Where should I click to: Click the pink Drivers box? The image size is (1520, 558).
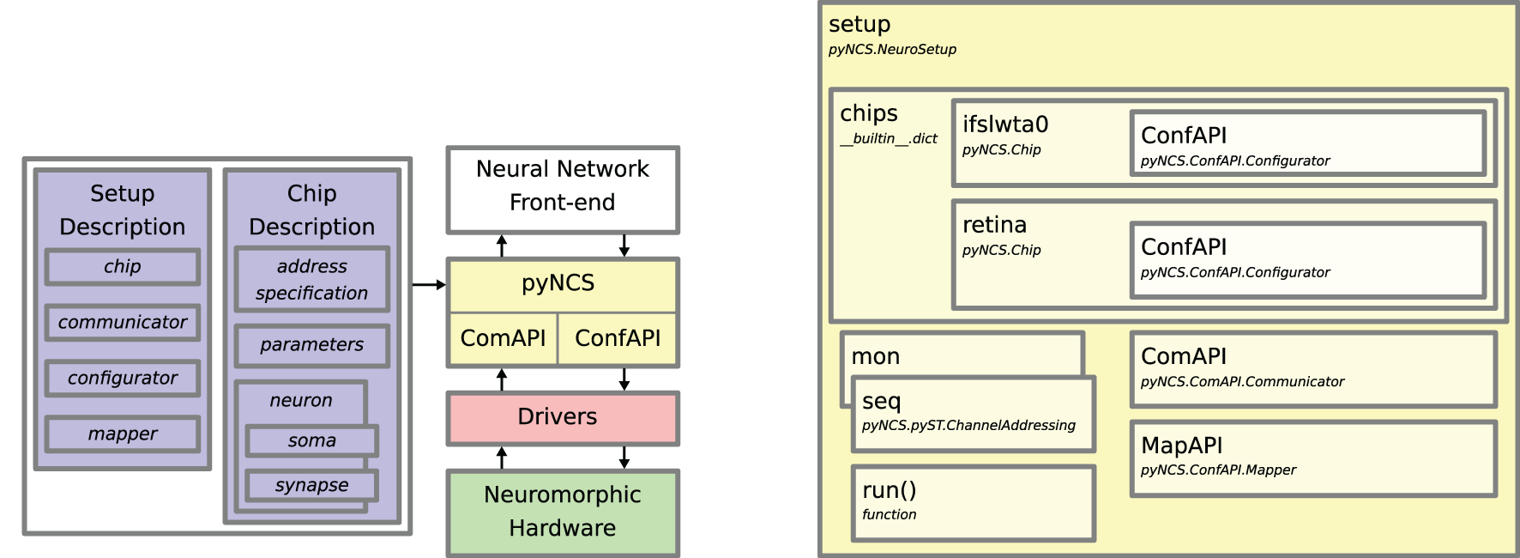click(x=562, y=418)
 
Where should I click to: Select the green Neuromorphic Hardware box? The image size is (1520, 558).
click(x=562, y=512)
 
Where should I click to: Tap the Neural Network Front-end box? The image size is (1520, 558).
click(x=562, y=189)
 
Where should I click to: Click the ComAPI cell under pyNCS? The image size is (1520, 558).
click(x=503, y=339)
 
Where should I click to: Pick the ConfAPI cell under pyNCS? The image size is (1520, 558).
click(x=618, y=339)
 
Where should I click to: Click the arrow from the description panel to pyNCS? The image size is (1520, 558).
click(x=428, y=285)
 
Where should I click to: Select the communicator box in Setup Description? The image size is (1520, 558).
click(x=123, y=323)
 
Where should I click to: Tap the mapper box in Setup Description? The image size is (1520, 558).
click(x=123, y=434)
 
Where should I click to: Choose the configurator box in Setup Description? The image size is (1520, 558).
click(x=123, y=379)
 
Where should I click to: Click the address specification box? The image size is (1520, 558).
click(x=311, y=280)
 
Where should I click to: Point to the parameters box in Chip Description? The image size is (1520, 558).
click(x=311, y=345)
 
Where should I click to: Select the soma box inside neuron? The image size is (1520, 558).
click(x=311, y=441)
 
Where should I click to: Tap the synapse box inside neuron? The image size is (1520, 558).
click(x=311, y=486)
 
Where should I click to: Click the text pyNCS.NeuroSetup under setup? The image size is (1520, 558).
click(x=892, y=50)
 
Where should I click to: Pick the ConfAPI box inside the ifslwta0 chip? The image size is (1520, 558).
click(x=1307, y=144)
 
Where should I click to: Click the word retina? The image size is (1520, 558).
click(x=994, y=225)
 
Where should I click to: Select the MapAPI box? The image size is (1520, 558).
click(x=1312, y=458)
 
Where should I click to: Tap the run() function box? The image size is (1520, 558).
click(x=973, y=503)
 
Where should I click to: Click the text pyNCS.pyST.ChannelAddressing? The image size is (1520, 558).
click(x=968, y=426)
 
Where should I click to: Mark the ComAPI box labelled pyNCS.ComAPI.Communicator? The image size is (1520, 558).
click(x=1312, y=369)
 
